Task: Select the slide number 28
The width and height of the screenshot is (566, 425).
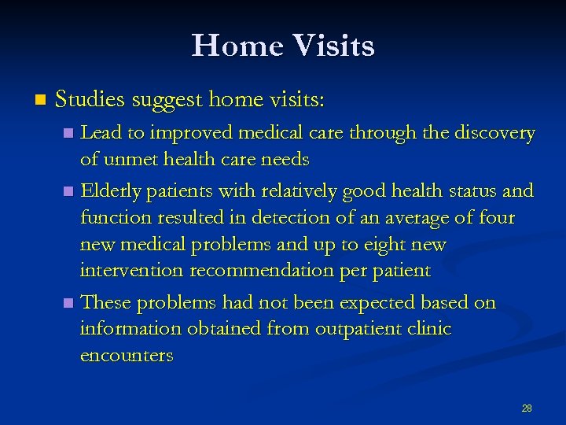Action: click(527, 408)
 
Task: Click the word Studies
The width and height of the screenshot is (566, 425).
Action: click(91, 100)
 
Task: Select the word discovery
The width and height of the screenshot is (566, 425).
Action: click(496, 134)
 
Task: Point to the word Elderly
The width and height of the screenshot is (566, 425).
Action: click(111, 190)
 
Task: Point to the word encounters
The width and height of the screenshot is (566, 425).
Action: click(127, 356)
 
